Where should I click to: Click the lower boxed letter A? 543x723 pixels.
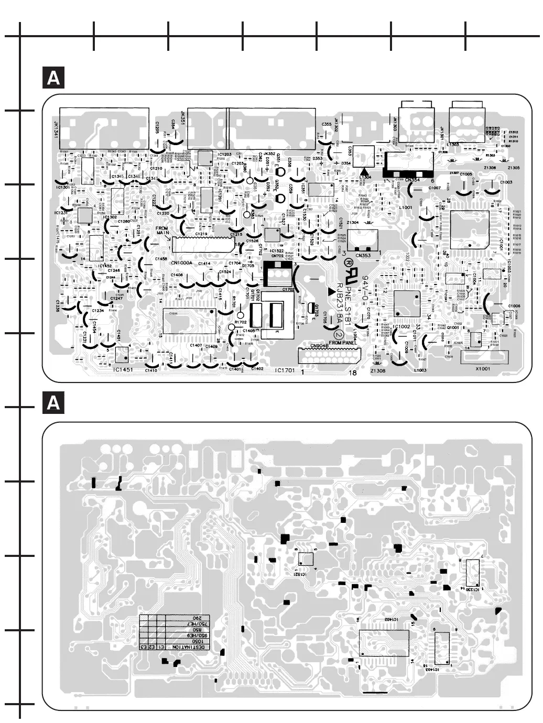[x=53, y=404]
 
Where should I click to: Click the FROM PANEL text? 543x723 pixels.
[x=343, y=343]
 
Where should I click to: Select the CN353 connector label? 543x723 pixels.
[x=363, y=256]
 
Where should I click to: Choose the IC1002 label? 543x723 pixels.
[x=401, y=326]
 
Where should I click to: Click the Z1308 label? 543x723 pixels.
[x=377, y=371]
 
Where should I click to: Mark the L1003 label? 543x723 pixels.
[x=420, y=370]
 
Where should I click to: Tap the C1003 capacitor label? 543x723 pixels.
[x=506, y=182]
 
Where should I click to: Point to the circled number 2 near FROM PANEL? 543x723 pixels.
[x=339, y=334]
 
